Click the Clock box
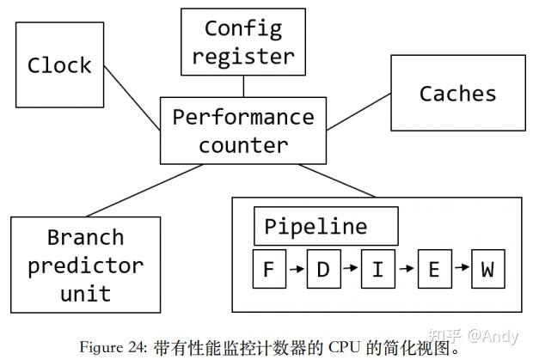click(x=59, y=65)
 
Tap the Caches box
click(x=457, y=93)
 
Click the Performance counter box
click(x=243, y=130)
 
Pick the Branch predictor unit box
click(x=86, y=265)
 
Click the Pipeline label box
click(x=326, y=227)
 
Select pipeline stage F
click(x=268, y=269)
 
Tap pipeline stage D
click(x=323, y=269)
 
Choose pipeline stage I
click(x=377, y=269)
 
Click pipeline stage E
click(x=433, y=269)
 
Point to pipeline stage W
click(x=487, y=269)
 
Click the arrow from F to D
click(x=296, y=269)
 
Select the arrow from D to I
click(x=351, y=269)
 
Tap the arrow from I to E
click(x=405, y=269)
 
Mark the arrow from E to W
click(x=461, y=269)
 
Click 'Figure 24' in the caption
click(x=111, y=348)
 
